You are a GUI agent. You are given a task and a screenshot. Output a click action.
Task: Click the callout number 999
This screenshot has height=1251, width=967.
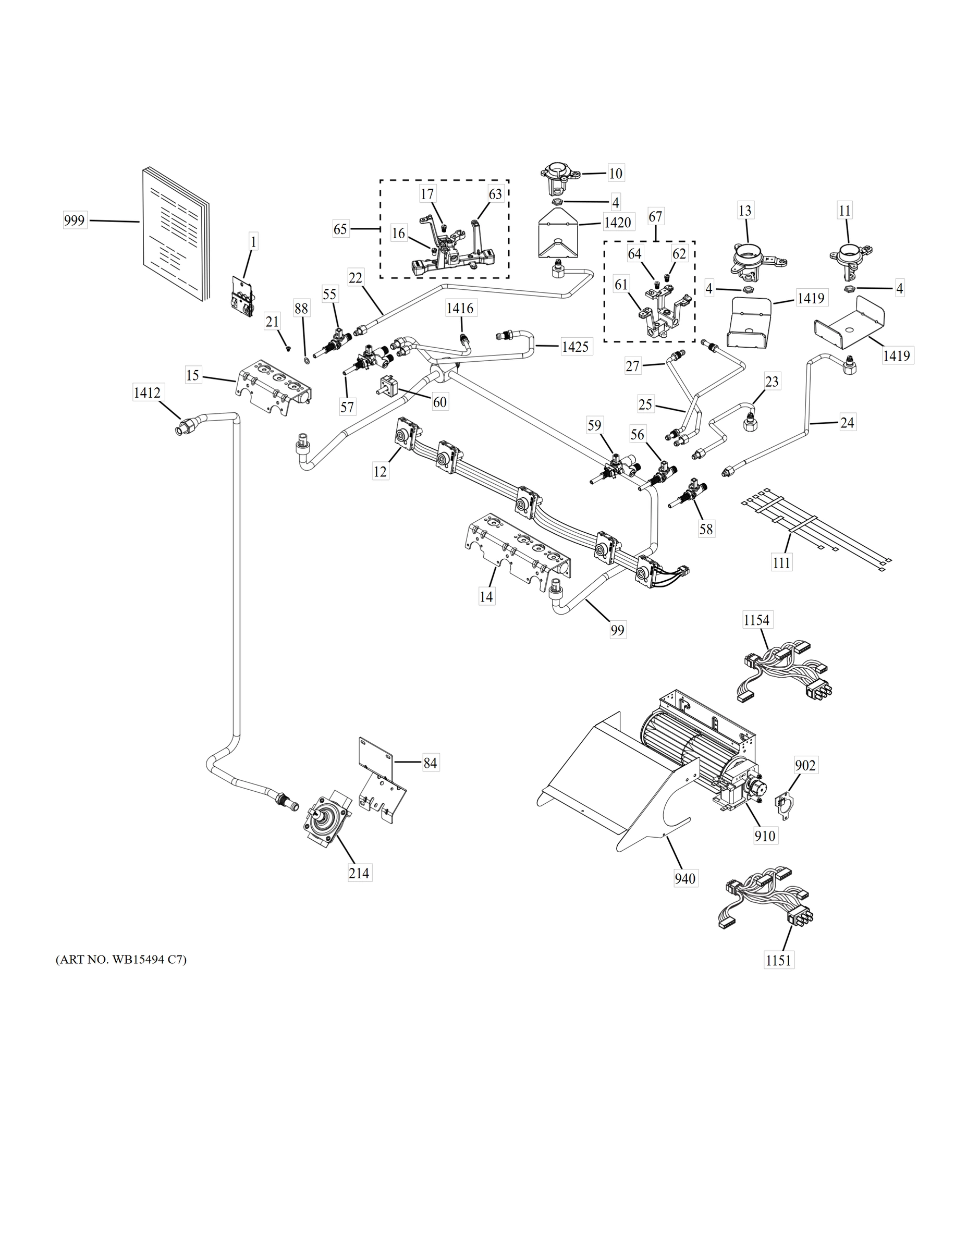tap(75, 220)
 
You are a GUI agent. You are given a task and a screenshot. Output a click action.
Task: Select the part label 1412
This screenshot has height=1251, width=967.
tap(146, 393)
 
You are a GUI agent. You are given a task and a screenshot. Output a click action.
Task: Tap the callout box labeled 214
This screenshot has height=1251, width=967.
tap(359, 873)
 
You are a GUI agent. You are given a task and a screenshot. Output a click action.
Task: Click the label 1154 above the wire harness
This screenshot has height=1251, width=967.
tap(757, 620)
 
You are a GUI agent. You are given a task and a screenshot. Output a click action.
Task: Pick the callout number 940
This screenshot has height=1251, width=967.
tap(685, 878)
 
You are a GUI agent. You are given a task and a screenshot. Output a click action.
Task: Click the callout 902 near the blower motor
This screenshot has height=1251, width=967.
tap(805, 765)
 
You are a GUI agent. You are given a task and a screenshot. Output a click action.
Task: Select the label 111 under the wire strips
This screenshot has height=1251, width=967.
tap(781, 562)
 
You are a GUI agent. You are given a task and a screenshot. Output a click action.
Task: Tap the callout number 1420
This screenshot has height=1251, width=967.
tap(617, 222)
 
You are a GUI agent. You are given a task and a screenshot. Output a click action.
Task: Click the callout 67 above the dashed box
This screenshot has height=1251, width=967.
tap(655, 217)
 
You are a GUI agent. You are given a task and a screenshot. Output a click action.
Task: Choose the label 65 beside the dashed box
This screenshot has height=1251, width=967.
tap(340, 229)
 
